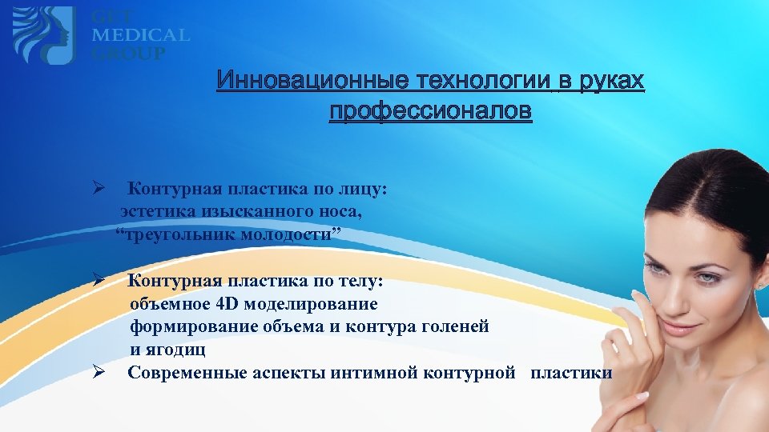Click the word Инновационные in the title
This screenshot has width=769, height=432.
click(x=297, y=82)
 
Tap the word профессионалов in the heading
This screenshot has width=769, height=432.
click(x=430, y=112)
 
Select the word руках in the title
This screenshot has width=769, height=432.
click(x=610, y=82)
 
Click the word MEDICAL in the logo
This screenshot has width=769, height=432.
click(x=140, y=35)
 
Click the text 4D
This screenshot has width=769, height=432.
click(x=229, y=304)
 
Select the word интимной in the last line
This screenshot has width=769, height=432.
click(x=380, y=373)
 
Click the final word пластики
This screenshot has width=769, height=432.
click(x=571, y=373)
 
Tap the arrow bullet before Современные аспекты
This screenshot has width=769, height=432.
click(x=98, y=372)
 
